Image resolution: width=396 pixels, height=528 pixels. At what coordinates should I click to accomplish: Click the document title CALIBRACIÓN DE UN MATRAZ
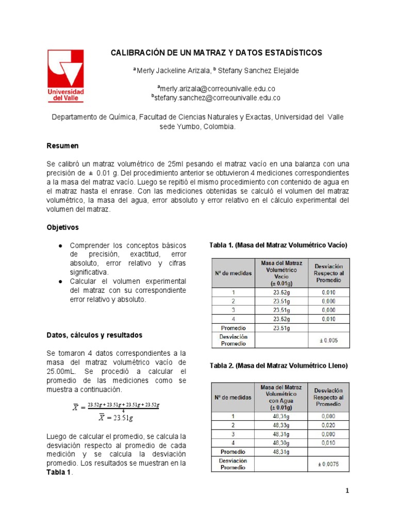[217, 53]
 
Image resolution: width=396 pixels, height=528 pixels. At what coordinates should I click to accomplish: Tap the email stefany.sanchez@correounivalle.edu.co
[216, 97]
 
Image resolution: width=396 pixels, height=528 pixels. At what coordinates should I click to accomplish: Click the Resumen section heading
[62, 146]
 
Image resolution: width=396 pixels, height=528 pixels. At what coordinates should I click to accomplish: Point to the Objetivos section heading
[63, 227]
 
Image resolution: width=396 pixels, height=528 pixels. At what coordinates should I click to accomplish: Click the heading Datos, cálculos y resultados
[94, 335]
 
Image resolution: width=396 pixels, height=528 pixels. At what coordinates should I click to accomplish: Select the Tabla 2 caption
[278, 366]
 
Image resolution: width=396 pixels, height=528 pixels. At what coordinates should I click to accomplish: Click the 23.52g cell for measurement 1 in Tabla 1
[282, 292]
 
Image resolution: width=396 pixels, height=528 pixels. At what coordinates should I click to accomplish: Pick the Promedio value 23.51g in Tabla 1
[282, 327]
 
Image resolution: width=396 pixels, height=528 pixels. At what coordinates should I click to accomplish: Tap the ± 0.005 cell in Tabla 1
[328, 340]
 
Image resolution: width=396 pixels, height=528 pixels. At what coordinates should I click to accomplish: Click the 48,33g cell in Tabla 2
[281, 425]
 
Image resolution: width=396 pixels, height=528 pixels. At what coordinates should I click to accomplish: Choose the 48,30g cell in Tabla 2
[281, 442]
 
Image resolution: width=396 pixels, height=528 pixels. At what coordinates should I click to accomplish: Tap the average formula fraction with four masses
[123, 406]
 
